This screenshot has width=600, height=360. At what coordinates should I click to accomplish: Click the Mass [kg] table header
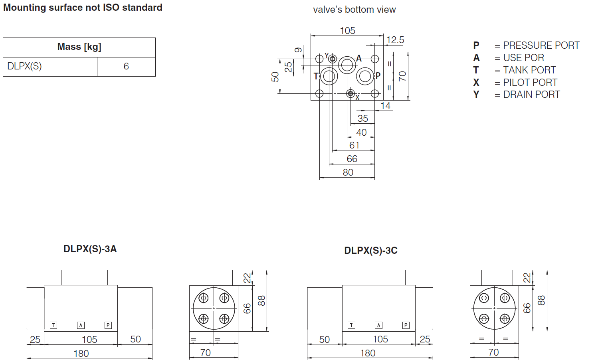click(79, 47)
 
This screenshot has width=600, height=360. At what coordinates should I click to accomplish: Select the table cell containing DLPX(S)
click(25, 66)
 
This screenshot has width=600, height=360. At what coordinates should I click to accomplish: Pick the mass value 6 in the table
click(126, 66)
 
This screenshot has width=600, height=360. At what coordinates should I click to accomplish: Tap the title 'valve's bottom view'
click(354, 10)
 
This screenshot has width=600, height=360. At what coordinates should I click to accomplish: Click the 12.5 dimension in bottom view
click(395, 40)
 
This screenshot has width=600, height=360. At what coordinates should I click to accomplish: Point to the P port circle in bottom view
click(365, 76)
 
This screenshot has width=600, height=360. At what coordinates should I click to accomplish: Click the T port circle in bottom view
click(329, 76)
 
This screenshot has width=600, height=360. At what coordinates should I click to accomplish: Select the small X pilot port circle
click(350, 94)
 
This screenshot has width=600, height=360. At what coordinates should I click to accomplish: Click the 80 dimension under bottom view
click(348, 172)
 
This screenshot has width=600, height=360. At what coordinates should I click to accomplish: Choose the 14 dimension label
click(385, 106)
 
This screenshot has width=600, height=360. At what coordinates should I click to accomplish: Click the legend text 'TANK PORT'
click(529, 70)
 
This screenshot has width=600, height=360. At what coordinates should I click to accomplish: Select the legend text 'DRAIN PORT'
click(531, 95)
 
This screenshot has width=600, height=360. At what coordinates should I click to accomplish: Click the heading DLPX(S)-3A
click(90, 249)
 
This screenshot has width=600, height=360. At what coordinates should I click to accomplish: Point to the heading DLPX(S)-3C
click(370, 251)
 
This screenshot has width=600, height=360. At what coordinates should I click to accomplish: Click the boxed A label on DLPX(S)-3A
click(81, 325)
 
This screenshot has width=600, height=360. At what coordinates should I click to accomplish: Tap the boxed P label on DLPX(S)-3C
click(406, 325)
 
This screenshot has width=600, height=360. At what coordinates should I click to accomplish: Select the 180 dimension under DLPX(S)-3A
click(81, 354)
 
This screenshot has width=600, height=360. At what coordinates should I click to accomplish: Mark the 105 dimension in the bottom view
click(347, 31)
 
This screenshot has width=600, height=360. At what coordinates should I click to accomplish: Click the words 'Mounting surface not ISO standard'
click(83, 8)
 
